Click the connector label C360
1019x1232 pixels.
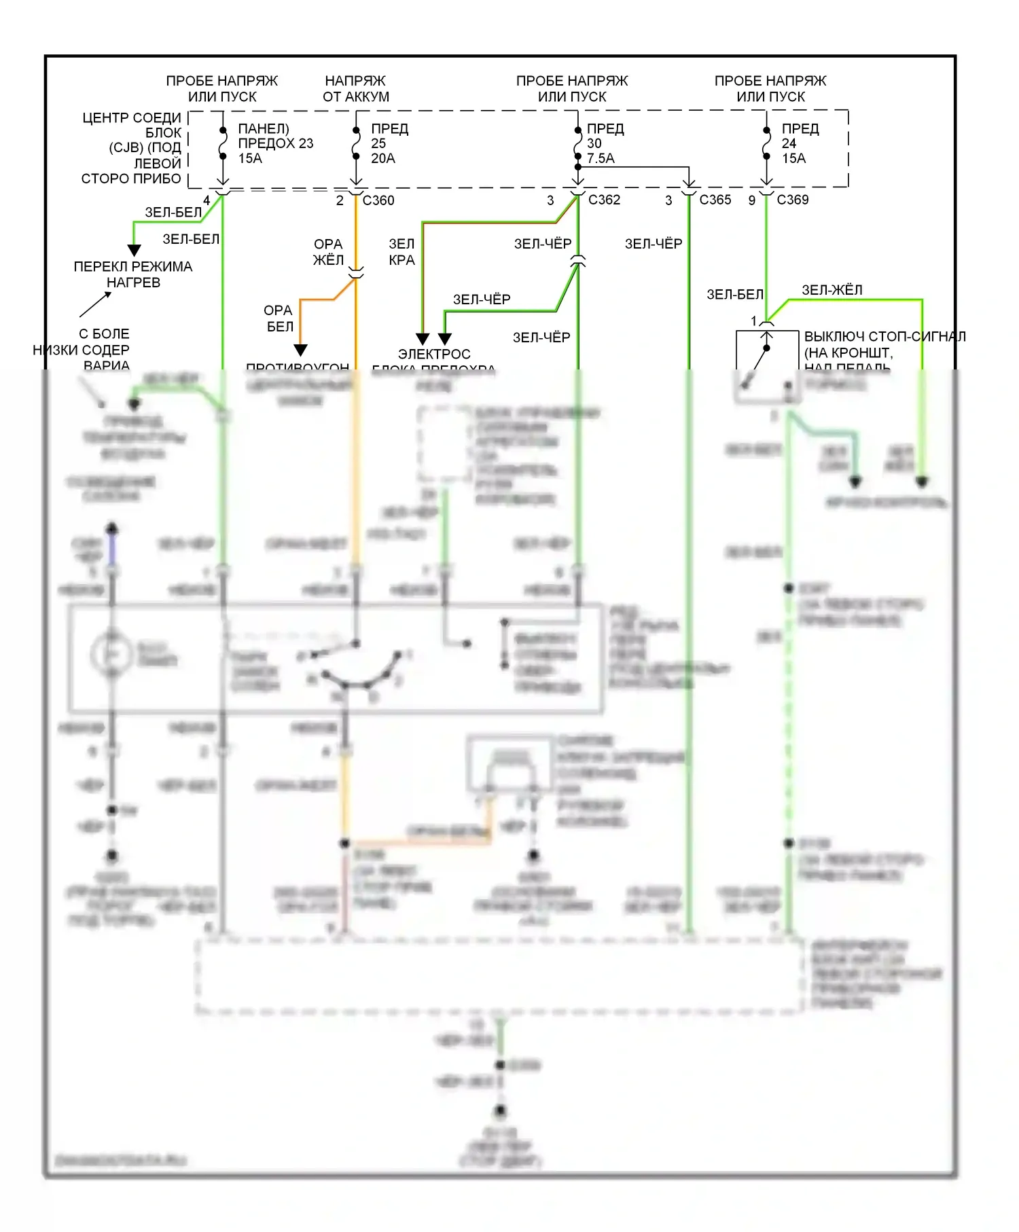pyautogui.click(x=378, y=200)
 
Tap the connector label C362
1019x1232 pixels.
pyautogui.click(x=604, y=200)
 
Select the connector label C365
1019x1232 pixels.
pyautogui.click(x=715, y=200)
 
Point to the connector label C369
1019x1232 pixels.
pyautogui.click(x=793, y=200)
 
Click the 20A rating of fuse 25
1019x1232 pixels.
pyautogui.click(x=383, y=158)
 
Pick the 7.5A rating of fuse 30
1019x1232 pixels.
pyautogui.click(x=601, y=158)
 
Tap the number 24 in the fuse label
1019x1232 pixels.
pyautogui.click(x=789, y=143)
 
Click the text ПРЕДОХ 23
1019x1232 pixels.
pyautogui.click(x=276, y=143)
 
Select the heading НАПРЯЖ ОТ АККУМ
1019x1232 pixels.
pyautogui.click(x=356, y=89)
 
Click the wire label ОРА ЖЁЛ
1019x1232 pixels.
pyautogui.click(x=328, y=252)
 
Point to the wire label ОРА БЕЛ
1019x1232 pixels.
pyautogui.click(x=279, y=319)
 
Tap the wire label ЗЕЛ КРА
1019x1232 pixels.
pyautogui.click(x=401, y=252)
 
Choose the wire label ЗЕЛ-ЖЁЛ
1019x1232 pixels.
pyautogui.click(x=832, y=290)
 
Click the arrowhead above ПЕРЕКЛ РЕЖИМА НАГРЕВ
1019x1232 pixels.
pyautogui.click(x=135, y=250)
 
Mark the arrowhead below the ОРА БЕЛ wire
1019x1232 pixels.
pyautogui.click(x=301, y=350)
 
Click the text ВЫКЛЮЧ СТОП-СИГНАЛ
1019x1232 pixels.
pyautogui.click(x=884, y=337)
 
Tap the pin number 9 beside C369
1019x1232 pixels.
pyautogui.click(x=752, y=200)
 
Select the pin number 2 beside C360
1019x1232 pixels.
pyautogui.click(x=340, y=200)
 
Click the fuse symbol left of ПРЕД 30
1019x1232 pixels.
pyautogui.click(x=577, y=143)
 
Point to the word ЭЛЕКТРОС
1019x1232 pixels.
pyautogui.click(x=434, y=355)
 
